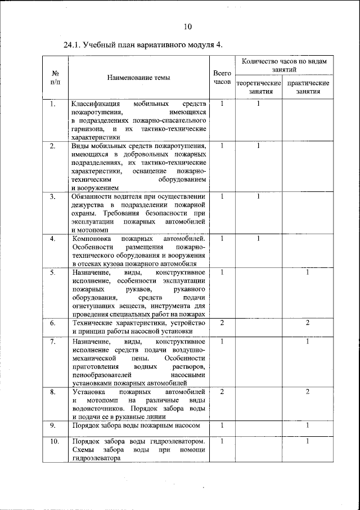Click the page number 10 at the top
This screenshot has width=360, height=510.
click(188, 26)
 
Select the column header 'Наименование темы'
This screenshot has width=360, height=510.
click(137, 78)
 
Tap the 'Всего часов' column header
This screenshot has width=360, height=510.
click(223, 78)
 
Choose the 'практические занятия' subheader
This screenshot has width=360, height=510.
click(308, 87)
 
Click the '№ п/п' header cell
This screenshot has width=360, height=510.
click(56, 78)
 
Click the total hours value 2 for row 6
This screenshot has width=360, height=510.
click(223, 323)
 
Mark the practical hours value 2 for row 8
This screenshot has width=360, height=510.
click(308, 391)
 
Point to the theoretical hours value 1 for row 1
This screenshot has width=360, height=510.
click(258, 104)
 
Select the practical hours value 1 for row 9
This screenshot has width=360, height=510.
click(308, 425)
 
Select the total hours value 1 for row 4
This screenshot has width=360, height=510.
click(223, 239)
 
